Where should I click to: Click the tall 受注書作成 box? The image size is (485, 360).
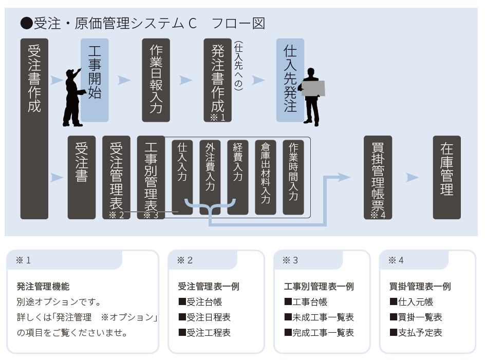click(34, 128)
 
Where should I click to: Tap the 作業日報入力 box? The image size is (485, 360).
click(156, 80)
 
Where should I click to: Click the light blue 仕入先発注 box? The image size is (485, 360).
click(290, 80)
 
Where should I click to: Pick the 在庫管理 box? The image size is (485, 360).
click(446, 177)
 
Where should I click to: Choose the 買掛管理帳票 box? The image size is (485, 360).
click(378, 177)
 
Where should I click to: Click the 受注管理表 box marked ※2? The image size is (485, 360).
click(116, 177)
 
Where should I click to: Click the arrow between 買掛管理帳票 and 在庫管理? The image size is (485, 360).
click(412, 177)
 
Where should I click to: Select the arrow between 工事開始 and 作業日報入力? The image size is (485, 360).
click(124, 80)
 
